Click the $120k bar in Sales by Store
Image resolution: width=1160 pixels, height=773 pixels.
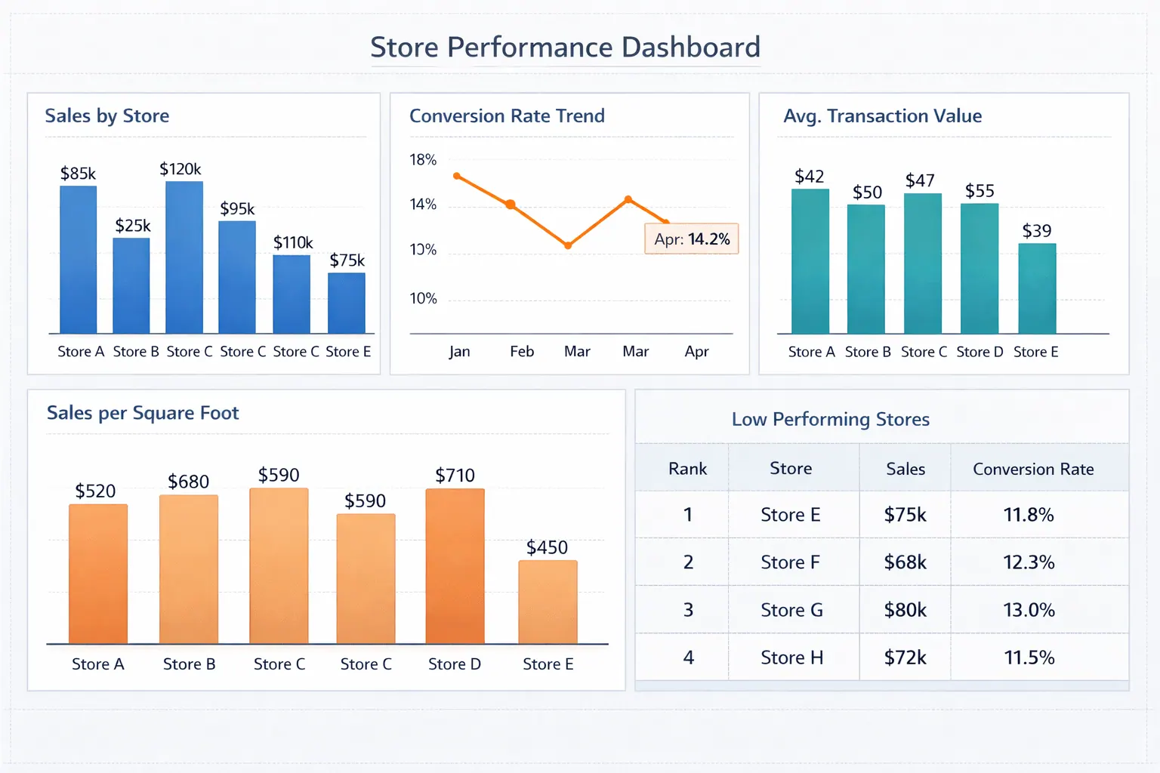pyautogui.click(x=184, y=257)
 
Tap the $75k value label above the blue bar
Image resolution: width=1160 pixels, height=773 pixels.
pyautogui.click(x=347, y=260)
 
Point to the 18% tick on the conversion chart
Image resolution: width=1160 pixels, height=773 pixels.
pyautogui.click(x=423, y=160)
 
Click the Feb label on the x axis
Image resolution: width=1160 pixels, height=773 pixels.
pyautogui.click(x=522, y=352)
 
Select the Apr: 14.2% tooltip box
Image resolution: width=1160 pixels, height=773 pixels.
pyautogui.click(x=691, y=239)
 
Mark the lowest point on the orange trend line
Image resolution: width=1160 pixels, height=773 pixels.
pyautogui.click(x=568, y=245)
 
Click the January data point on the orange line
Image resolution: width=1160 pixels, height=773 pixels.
pyautogui.click(x=457, y=176)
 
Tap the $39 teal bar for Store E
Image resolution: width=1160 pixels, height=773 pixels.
pyautogui.click(x=1037, y=288)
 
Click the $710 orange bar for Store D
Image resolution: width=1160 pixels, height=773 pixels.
pyautogui.click(x=455, y=566)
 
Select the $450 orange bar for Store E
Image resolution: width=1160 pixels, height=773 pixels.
pyautogui.click(x=548, y=602)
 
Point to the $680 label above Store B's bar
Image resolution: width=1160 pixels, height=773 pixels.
pyautogui.click(x=188, y=482)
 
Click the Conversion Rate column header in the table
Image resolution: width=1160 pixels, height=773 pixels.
pyautogui.click(x=1033, y=469)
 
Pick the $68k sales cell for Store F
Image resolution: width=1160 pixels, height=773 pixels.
pyautogui.click(x=905, y=562)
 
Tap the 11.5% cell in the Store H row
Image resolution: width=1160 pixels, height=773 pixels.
pyautogui.click(x=1029, y=658)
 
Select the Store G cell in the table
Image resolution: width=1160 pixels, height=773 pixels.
pyautogui.click(x=791, y=610)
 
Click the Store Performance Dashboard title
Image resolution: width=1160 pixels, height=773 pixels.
pyautogui.click(x=565, y=48)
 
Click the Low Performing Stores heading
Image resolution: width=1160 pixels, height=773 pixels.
pyautogui.click(x=830, y=420)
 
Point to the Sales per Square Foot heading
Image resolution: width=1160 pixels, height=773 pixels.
pyautogui.click(x=143, y=413)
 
